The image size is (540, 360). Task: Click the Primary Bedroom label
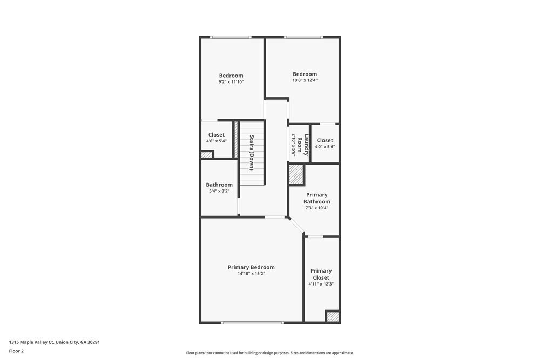click(x=251, y=267)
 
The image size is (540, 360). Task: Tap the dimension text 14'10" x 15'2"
click(x=251, y=274)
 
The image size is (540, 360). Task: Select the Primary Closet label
click(x=321, y=274)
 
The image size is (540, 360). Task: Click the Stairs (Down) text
click(x=251, y=153)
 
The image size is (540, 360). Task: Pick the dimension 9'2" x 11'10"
click(x=231, y=82)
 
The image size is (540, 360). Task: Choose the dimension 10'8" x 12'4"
click(x=305, y=80)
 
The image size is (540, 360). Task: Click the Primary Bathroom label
click(x=316, y=198)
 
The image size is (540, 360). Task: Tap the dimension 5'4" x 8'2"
click(x=219, y=191)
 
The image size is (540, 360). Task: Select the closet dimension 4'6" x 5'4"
click(x=216, y=141)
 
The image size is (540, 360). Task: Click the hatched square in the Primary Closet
click(x=333, y=316)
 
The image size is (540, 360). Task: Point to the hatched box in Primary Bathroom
click(x=296, y=175)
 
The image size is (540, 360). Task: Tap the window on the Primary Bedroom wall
click(x=252, y=323)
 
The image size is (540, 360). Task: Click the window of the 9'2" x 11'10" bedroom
click(x=231, y=37)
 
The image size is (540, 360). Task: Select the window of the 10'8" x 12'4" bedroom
click(x=303, y=37)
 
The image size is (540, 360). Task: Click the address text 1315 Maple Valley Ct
click(x=55, y=342)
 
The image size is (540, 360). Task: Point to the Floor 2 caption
click(x=16, y=351)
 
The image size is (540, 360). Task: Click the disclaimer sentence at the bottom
click(x=270, y=353)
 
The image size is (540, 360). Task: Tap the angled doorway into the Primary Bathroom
click(x=296, y=227)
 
